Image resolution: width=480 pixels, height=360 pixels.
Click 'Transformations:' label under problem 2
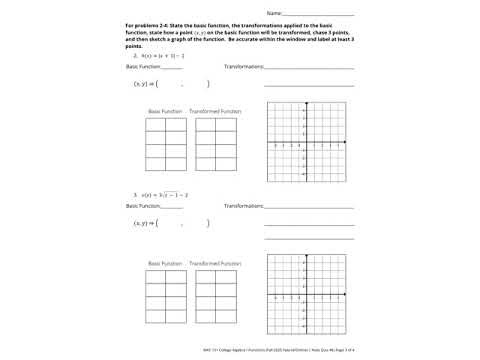click(243, 67)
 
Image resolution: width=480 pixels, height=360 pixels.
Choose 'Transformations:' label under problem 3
click(243, 205)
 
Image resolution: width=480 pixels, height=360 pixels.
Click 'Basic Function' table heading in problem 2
click(165, 111)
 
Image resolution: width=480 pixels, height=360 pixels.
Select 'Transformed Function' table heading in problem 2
click(215, 111)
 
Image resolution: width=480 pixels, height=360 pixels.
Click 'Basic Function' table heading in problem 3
click(165, 263)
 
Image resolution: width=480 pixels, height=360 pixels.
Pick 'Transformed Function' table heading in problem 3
click(215, 263)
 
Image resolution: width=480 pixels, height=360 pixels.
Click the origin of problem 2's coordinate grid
click(306, 142)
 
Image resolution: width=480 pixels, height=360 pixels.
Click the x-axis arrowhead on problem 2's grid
click(346, 142)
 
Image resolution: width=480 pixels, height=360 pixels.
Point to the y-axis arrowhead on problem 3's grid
click(306, 255)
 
